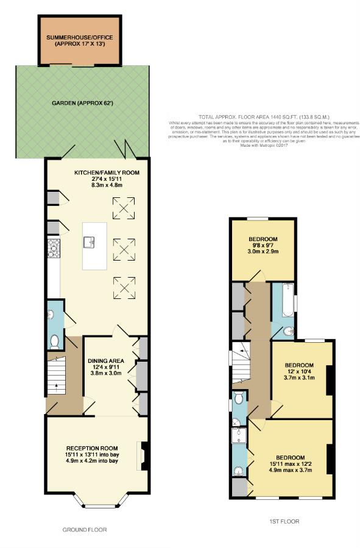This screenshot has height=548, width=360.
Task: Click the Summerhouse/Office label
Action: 79,41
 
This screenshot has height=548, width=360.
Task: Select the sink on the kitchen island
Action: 90,243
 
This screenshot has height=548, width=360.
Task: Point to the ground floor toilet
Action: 54,340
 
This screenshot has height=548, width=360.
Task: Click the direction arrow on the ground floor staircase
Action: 58,385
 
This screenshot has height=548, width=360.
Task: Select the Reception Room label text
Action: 93,448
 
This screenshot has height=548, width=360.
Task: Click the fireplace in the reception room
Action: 144,454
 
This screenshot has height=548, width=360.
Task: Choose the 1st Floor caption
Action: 284,521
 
